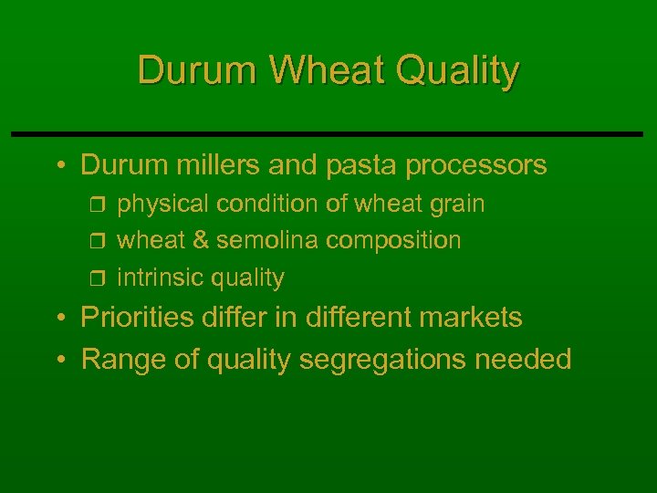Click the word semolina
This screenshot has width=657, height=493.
click(268, 240)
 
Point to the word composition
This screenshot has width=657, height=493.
click(393, 241)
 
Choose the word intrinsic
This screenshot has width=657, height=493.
click(161, 277)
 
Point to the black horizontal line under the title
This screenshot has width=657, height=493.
click(328, 134)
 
